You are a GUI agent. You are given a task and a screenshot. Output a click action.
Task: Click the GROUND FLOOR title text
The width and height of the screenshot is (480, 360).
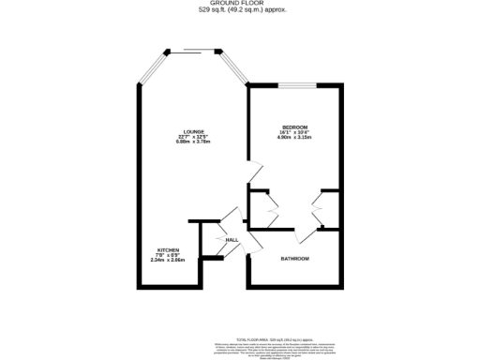tap(240, 4)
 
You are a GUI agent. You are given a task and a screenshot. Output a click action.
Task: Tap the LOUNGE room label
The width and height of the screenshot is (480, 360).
tap(194, 131)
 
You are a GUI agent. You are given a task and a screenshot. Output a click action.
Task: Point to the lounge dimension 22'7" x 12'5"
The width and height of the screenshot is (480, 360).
tap(194, 137)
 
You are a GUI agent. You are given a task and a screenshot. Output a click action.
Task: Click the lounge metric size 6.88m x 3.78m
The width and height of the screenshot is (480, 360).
tap(194, 142)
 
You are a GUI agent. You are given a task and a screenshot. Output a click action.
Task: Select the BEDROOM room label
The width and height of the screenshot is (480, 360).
tap(295, 127)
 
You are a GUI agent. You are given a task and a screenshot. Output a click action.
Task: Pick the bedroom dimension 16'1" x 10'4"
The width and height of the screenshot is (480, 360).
tap(295, 132)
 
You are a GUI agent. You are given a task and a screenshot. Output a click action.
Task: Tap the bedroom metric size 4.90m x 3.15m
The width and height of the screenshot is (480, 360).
tap(295, 137)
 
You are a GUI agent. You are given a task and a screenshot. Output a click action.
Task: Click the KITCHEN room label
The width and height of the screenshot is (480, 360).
tap(168, 249)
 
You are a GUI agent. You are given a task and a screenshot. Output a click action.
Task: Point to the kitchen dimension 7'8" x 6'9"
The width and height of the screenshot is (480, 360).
tap(168, 255)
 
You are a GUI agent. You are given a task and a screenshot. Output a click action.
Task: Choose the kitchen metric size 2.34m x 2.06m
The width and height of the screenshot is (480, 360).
tap(168, 260)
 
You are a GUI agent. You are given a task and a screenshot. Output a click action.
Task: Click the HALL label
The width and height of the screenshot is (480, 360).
tap(231, 240)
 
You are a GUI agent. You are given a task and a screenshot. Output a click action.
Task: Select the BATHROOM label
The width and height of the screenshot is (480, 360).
tap(295, 258)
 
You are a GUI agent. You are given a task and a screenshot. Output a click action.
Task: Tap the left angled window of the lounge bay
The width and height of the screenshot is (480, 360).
tap(151, 67)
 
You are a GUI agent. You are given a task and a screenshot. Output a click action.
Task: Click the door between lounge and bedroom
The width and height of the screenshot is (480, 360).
tap(253, 172)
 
